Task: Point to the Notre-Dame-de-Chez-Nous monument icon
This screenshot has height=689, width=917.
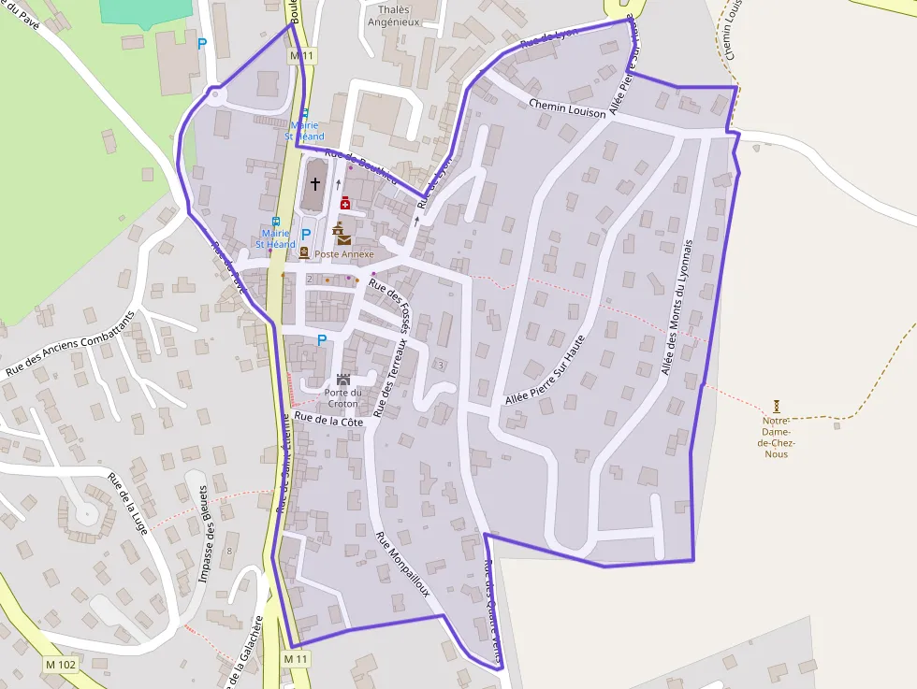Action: [777, 407]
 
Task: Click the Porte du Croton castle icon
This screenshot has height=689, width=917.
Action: [343, 380]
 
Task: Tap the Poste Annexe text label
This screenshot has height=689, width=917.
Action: [344, 254]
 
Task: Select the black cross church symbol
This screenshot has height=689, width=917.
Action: [315, 183]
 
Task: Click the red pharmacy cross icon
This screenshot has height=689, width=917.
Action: [345, 202]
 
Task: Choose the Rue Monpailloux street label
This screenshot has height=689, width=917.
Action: [402, 565]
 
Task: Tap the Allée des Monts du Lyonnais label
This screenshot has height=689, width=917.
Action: [677, 307]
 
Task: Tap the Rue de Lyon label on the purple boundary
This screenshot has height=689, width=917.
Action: [549, 37]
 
